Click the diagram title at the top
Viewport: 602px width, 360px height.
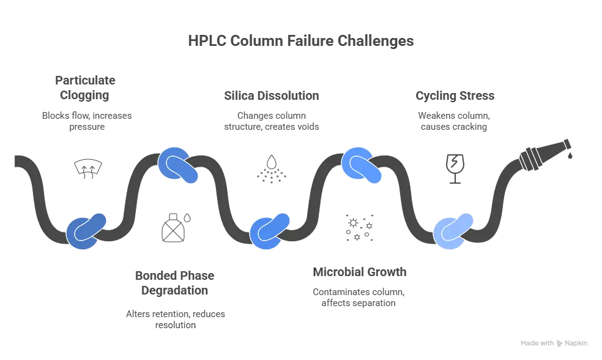click(x=300, y=42)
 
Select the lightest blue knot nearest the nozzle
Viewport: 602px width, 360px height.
click(x=453, y=231)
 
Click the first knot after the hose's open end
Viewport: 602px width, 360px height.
click(x=86, y=231)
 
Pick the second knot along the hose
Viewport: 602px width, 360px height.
click(x=178, y=165)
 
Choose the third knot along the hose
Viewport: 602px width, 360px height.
click(x=270, y=231)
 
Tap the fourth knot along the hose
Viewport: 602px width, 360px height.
click(x=362, y=165)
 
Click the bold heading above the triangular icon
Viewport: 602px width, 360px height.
click(x=270, y=97)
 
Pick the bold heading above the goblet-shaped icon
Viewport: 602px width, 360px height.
click(x=456, y=97)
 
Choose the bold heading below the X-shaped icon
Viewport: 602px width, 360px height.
click(x=359, y=272)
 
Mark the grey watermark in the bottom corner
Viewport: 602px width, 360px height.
click(x=552, y=342)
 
